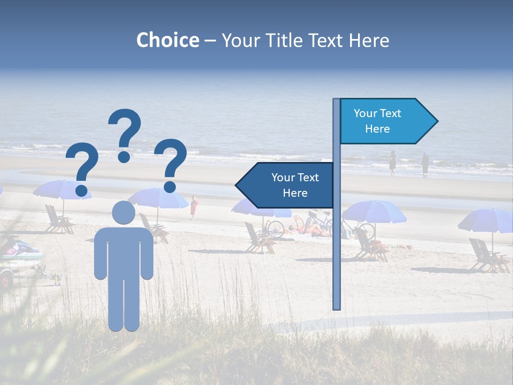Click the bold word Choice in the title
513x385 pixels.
[x=167, y=40]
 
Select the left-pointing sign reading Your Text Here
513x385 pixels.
[x=286, y=185]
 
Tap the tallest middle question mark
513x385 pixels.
[x=125, y=134]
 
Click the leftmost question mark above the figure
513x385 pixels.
[x=82, y=168]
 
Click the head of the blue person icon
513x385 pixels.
[x=123, y=212]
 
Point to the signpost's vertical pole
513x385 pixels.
[x=336, y=241]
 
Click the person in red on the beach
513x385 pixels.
[x=193, y=207]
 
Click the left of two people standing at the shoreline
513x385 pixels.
[x=392, y=163]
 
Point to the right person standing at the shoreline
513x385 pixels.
[x=425, y=164]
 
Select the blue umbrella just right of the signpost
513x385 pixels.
[x=374, y=211]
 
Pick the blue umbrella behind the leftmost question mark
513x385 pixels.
[x=59, y=190]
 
